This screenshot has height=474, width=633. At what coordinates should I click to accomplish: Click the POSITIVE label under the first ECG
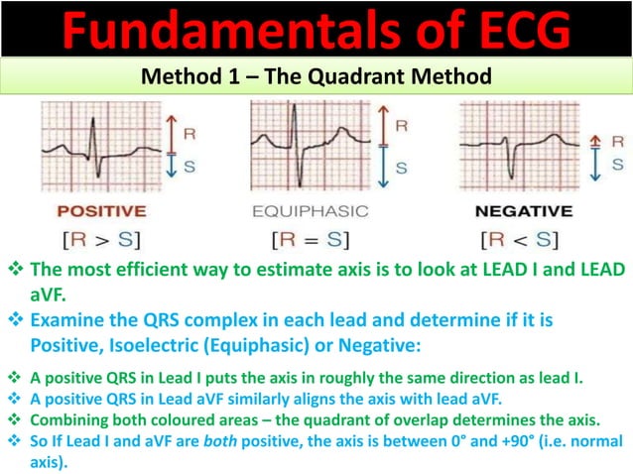tap(101, 211)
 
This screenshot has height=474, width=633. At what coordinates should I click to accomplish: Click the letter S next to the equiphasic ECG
tap(401, 169)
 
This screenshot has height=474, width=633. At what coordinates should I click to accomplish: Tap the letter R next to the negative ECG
tap(617, 140)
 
